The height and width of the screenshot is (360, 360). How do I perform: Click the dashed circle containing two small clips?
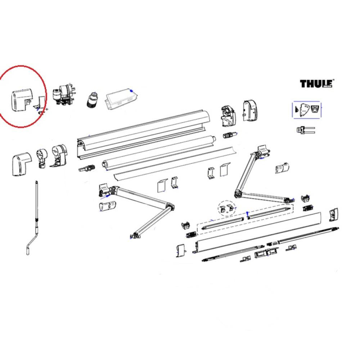tap(226, 208)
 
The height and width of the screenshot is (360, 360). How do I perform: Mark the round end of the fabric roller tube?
tap(105, 164)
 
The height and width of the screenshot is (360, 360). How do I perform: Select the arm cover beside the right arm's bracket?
tap(282, 168)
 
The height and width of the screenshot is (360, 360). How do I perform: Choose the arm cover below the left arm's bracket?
tap(107, 207)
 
